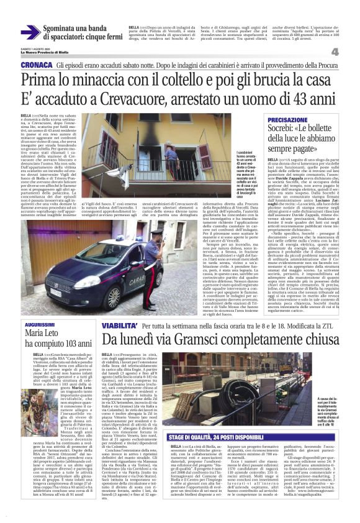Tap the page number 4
(352, 52)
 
